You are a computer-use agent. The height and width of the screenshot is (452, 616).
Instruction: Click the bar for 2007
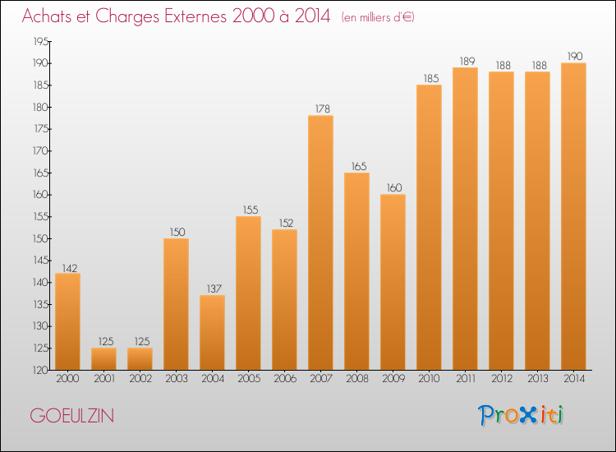point(320,242)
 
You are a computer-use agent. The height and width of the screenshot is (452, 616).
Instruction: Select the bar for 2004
point(212,332)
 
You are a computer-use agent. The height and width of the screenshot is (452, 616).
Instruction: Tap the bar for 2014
point(573,216)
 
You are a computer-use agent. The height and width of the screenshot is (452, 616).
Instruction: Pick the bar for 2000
point(67,321)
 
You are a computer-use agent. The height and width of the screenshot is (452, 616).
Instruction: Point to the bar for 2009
point(393,282)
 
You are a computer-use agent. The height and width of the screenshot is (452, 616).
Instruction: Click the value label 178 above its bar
point(320,108)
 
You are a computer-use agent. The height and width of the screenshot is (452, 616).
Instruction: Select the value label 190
point(573,56)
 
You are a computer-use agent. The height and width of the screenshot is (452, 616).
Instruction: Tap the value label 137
point(212,288)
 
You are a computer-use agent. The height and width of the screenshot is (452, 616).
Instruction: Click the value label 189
point(465,60)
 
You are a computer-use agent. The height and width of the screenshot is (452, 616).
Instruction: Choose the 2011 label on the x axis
point(465,379)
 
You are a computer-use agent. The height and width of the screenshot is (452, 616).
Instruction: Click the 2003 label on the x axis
point(176,379)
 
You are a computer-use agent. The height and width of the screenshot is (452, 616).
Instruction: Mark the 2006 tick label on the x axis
point(284,379)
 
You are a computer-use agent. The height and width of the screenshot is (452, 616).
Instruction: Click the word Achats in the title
point(51,16)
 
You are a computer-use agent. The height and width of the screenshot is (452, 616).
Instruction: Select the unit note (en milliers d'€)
point(378,17)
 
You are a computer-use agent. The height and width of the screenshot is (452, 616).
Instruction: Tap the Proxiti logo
point(522,415)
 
